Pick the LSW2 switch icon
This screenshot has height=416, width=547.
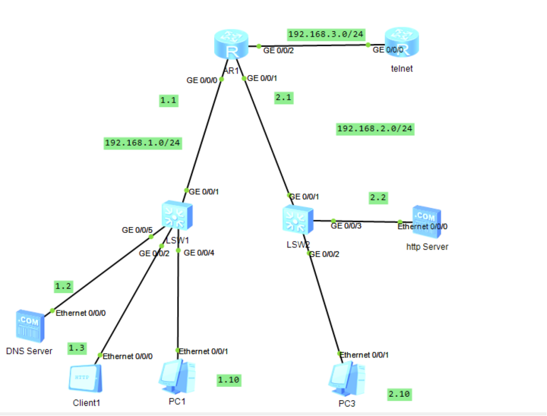(298, 220)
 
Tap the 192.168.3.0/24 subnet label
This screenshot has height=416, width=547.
(326, 34)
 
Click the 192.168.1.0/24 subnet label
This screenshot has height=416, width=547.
(143, 143)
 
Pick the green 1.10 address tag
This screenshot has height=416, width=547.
(229, 380)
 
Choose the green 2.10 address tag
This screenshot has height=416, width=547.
(399, 394)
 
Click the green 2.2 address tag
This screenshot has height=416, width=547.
(378, 198)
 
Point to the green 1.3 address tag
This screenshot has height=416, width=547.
(77, 347)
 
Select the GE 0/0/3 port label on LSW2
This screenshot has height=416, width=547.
(346, 226)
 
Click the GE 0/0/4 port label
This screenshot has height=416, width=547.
(198, 253)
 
